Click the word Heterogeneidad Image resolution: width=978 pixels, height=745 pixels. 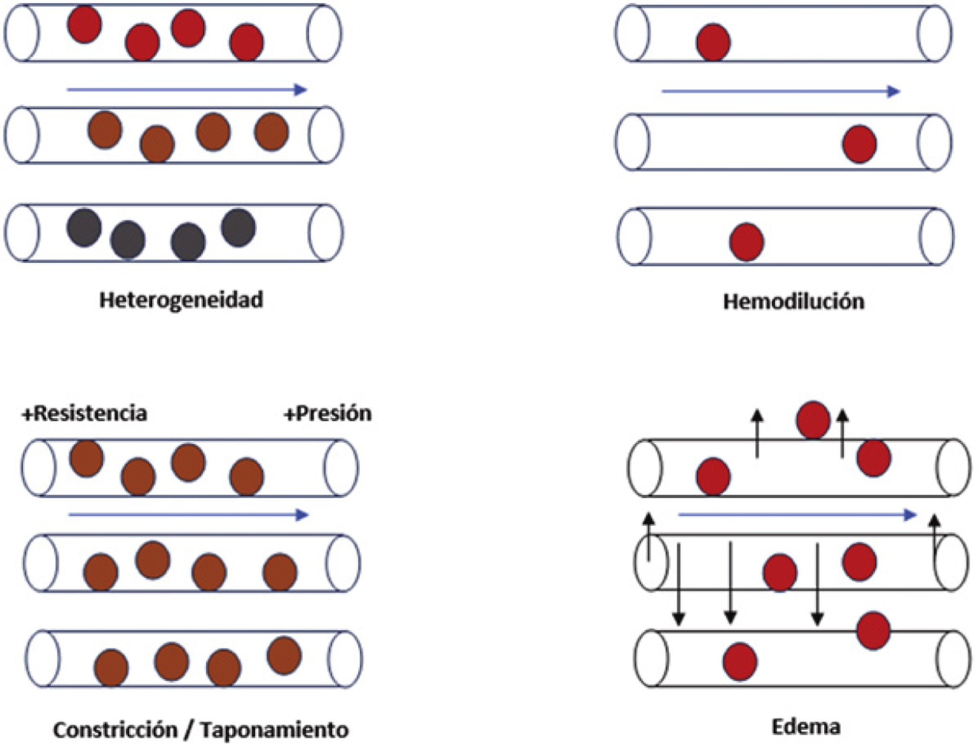pyautogui.click(x=181, y=300)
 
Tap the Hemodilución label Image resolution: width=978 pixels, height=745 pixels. pyautogui.click(x=794, y=302)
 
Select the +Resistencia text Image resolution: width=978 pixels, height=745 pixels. pyautogui.click(x=85, y=413)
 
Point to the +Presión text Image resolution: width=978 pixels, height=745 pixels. pyautogui.click(x=328, y=413)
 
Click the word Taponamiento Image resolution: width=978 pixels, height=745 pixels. pyautogui.click(x=273, y=729)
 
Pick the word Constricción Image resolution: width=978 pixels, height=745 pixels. pyautogui.click(x=115, y=729)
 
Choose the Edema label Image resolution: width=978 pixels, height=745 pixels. pyautogui.click(x=806, y=727)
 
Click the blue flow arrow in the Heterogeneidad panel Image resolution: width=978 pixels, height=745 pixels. pyautogui.click(x=187, y=89)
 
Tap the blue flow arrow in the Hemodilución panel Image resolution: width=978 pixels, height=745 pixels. pyautogui.click(x=781, y=91)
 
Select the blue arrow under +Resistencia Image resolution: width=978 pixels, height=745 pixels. pyautogui.click(x=189, y=515)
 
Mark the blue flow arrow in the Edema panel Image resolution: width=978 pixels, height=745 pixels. pyautogui.click(x=797, y=514)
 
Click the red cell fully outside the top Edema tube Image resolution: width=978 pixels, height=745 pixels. pyautogui.click(x=813, y=420)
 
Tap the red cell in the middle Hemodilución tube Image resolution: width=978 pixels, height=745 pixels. pyautogui.click(x=859, y=144)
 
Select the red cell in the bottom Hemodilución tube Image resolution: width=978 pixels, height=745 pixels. pyautogui.click(x=746, y=242)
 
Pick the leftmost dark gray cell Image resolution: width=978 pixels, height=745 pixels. pyautogui.click(x=84, y=228)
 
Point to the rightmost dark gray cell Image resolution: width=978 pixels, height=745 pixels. pyautogui.click(x=238, y=228)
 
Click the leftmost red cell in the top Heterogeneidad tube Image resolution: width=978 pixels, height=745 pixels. pyautogui.click(x=85, y=25)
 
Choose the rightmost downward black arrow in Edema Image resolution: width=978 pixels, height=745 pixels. pyautogui.click(x=817, y=584)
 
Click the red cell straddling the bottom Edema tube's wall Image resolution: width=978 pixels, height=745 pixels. pyautogui.click(x=873, y=630)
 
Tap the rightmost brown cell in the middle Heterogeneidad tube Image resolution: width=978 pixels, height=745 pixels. pyautogui.click(x=271, y=132)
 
